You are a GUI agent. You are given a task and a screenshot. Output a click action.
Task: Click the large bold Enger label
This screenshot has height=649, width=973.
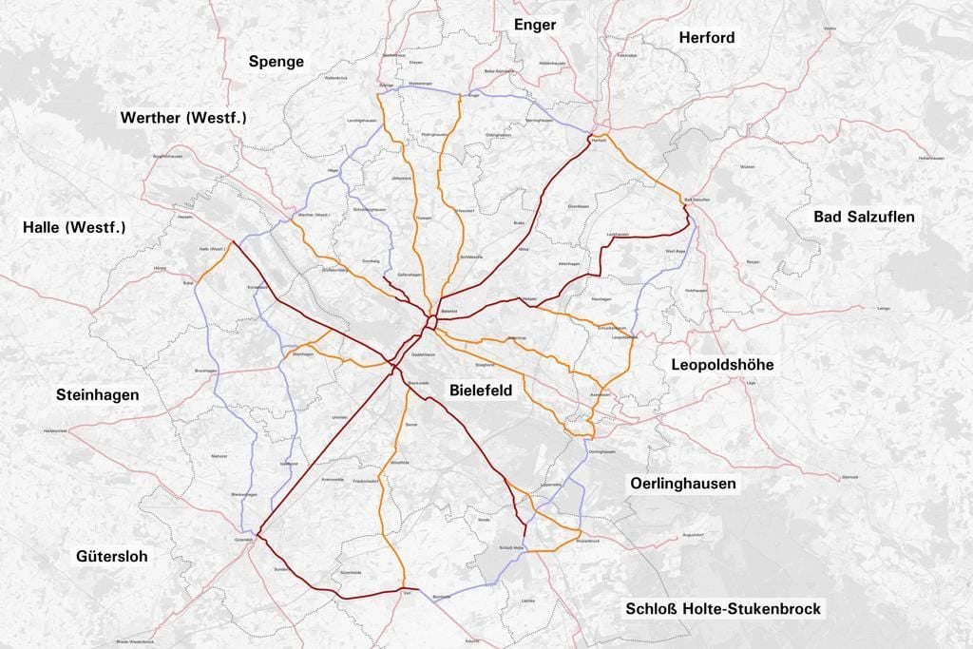(x=534, y=25)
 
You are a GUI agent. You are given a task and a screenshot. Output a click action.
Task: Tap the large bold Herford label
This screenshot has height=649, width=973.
(x=707, y=37)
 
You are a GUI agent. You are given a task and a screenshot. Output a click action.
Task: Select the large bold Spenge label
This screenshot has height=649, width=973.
(x=277, y=62)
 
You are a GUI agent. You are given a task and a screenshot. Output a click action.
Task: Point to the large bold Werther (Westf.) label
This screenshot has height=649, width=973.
(x=183, y=118)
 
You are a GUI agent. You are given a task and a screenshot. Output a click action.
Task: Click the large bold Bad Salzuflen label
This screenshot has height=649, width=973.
(x=864, y=217)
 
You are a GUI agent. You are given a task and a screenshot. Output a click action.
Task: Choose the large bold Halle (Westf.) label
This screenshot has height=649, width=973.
(x=74, y=227)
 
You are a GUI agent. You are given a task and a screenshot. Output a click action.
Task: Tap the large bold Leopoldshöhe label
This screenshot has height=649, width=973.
(x=722, y=365)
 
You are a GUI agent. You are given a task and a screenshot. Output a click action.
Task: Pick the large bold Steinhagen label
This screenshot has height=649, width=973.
(x=97, y=394)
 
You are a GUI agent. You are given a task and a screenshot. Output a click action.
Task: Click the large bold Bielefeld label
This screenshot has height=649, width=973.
(x=480, y=391)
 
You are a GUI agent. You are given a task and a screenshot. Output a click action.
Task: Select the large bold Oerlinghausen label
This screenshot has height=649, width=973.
(x=682, y=484)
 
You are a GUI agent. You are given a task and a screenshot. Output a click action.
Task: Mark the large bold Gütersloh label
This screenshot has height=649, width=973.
(x=112, y=557)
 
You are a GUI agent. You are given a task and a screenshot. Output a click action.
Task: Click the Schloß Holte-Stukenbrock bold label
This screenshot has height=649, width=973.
(x=723, y=608)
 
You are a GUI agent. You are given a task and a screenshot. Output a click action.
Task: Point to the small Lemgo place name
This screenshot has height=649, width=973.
(x=883, y=309)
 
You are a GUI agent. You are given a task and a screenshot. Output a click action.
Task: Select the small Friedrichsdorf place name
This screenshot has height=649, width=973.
(x=367, y=481)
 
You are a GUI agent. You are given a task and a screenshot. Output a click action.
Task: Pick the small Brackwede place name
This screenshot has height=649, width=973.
(x=418, y=383)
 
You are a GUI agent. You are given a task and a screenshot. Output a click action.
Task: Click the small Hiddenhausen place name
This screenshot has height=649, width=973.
(x=552, y=63)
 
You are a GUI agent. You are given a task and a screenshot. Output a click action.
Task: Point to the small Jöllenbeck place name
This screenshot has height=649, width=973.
(x=400, y=178)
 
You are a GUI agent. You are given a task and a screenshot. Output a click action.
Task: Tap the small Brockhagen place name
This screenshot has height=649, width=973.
(x=206, y=370)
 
